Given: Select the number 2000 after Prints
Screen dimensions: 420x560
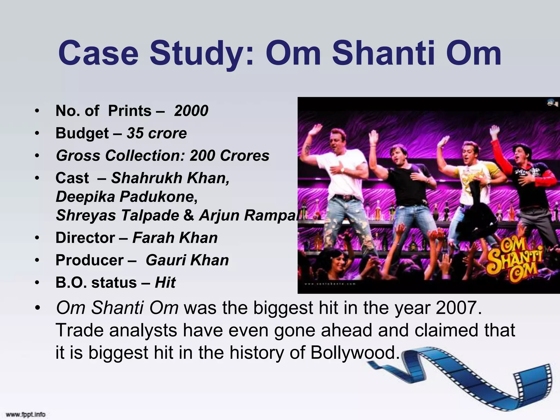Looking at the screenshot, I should tap(191, 111).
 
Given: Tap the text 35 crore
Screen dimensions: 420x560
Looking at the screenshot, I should tap(157, 133).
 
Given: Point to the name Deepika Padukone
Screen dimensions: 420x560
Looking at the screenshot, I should tap(126, 197).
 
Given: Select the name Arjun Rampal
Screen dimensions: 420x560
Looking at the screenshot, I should tap(249, 215).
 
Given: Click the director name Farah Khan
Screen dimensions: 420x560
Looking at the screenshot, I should tap(175, 238).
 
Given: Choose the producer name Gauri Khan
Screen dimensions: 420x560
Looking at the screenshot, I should tap(187, 260).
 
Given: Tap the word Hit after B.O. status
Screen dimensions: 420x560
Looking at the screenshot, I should tap(165, 282).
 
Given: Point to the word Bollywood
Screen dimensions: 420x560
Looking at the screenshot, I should tap(353, 352).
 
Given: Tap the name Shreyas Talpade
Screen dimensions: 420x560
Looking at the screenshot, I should tap(118, 215).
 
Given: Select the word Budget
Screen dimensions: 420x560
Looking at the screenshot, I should tap(82, 133).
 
